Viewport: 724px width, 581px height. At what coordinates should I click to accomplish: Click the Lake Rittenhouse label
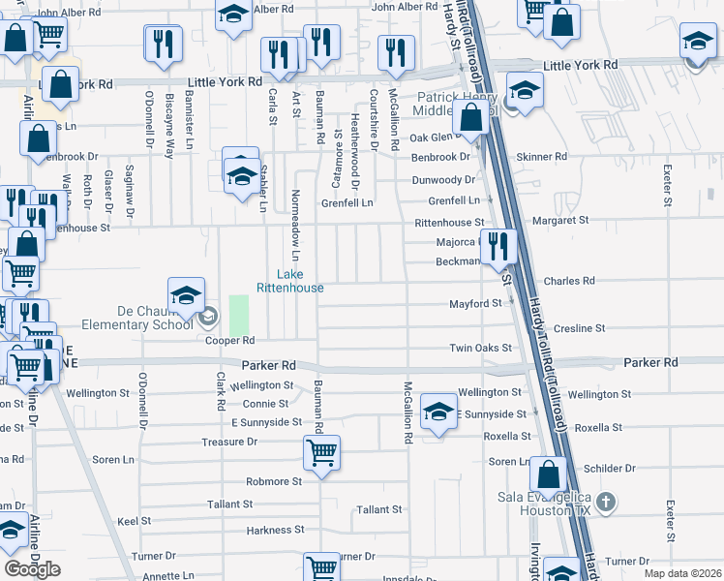pyautogui.click(x=289, y=281)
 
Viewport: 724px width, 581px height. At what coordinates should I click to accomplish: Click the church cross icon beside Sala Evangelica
pyautogui.click(x=606, y=502)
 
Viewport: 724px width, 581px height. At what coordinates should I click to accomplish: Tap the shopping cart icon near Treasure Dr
pyautogui.click(x=321, y=449)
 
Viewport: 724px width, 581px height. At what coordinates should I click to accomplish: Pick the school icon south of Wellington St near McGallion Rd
pyautogui.click(x=438, y=413)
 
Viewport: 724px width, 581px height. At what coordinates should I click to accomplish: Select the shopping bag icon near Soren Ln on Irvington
pyautogui.click(x=548, y=475)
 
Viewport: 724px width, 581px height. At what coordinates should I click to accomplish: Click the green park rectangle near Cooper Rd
pyautogui.click(x=238, y=315)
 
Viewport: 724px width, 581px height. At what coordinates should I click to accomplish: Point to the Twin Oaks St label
pyautogui.click(x=480, y=348)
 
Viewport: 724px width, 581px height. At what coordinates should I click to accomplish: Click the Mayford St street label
pyautogui.click(x=475, y=303)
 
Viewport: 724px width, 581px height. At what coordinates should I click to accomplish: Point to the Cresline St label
pyautogui.click(x=580, y=328)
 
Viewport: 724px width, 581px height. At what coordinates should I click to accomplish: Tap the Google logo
pyautogui.click(x=32, y=568)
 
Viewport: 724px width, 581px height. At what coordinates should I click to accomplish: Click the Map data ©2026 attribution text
pyautogui.click(x=681, y=573)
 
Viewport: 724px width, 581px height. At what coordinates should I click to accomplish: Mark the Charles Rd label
pyautogui.click(x=569, y=281)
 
